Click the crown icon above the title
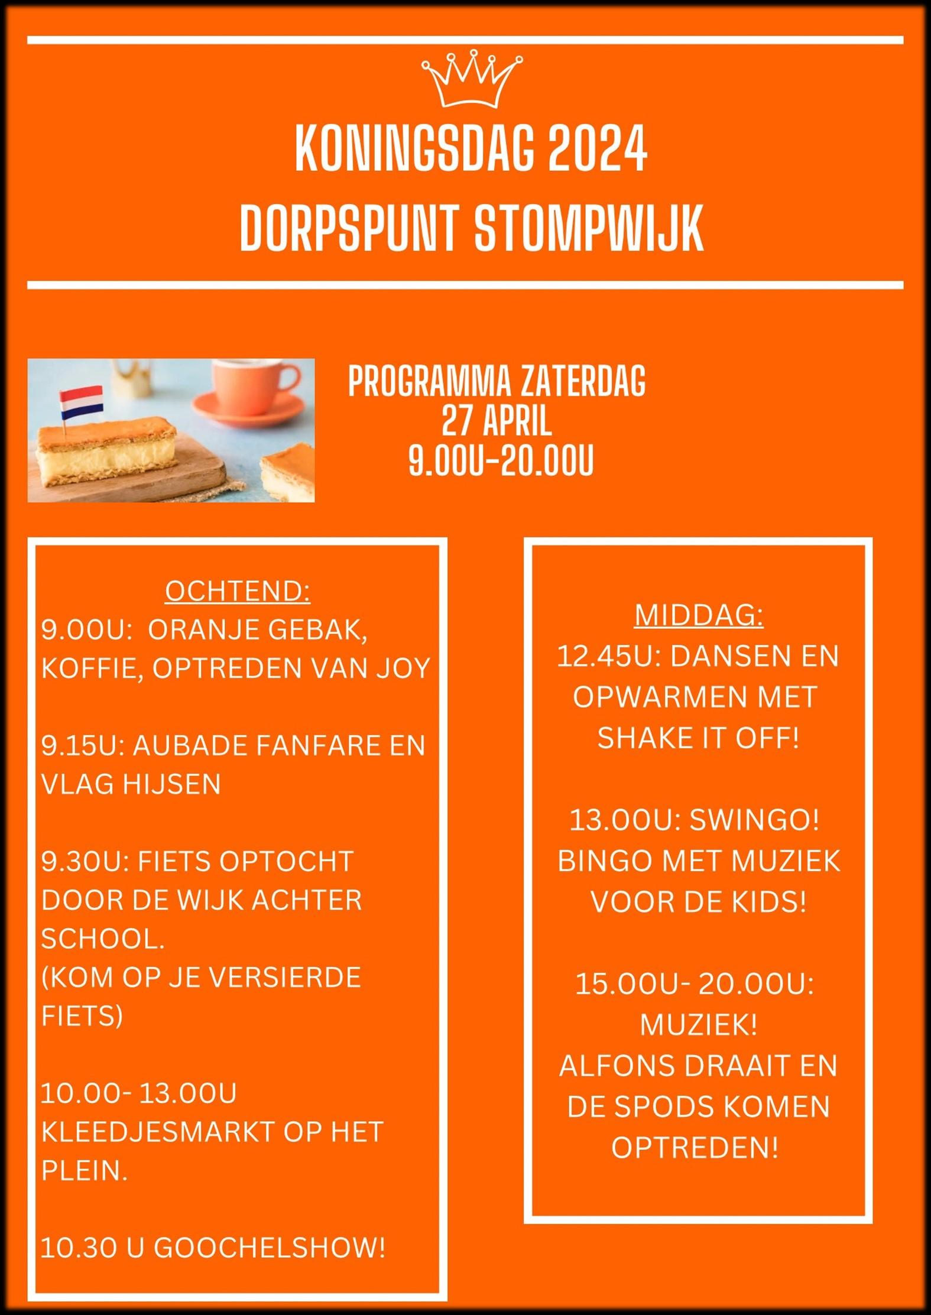coord(472,79)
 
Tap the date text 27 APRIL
coord(497,421)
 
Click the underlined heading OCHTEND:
coord(238,591)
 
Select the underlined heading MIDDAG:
coord(699,616)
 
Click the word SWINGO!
coord(755,820)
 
